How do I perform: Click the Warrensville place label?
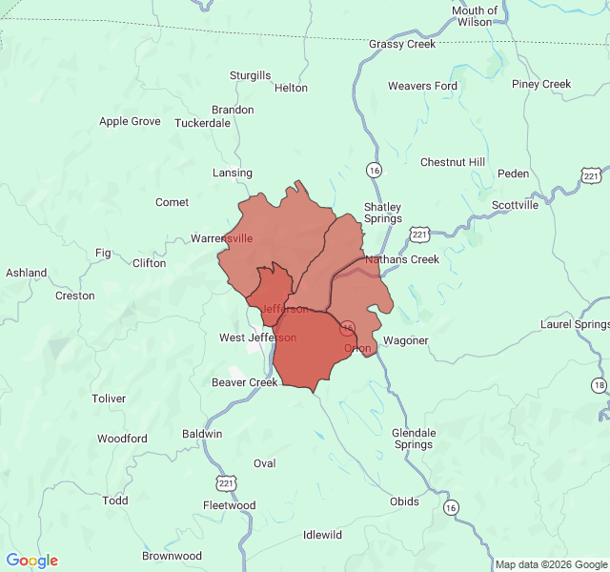[222, 238]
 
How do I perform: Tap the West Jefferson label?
[257, 337]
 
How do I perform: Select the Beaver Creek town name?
[245, 382]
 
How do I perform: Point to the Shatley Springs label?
[382, 213]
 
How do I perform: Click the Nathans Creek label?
[401, 259]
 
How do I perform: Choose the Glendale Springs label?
[414, 439]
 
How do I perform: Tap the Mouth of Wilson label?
[475, 16]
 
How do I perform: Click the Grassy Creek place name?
[402, 44]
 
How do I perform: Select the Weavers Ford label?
[422, 86]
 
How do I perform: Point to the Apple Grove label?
[130, 121]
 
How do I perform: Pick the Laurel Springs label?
[574, 324]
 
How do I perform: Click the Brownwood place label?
[172, 556]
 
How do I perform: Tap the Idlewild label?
[322, 535]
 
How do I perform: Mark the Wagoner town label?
[405, 340]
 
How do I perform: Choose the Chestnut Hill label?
[453, 162]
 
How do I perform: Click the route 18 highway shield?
[599, 385]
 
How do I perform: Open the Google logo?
[32, 561]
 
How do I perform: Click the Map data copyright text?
[550, 564]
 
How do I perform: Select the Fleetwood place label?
[229, 505]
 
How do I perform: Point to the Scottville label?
[515, 205]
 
